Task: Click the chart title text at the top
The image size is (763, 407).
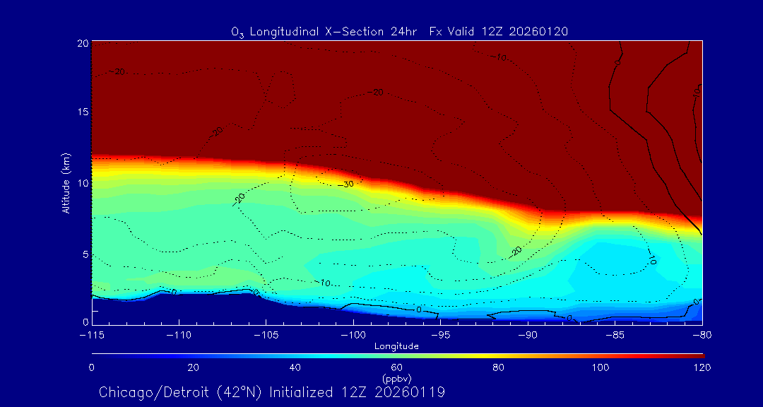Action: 400,31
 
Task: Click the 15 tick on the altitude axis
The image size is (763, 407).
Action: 81,113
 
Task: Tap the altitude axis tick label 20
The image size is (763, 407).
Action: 81,43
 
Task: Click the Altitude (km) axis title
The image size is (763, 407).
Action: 66,183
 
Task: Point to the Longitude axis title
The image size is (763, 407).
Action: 396,346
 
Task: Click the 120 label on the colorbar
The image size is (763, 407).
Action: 703,367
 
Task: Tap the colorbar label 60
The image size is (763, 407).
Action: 397,367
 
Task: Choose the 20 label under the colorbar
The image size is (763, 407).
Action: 193,367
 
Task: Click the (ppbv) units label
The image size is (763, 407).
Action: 396,379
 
